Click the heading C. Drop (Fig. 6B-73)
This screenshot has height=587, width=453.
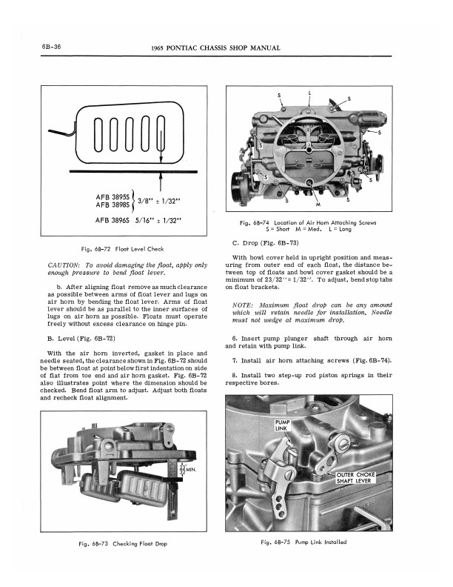pyautogui.click(x=267, y=242)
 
